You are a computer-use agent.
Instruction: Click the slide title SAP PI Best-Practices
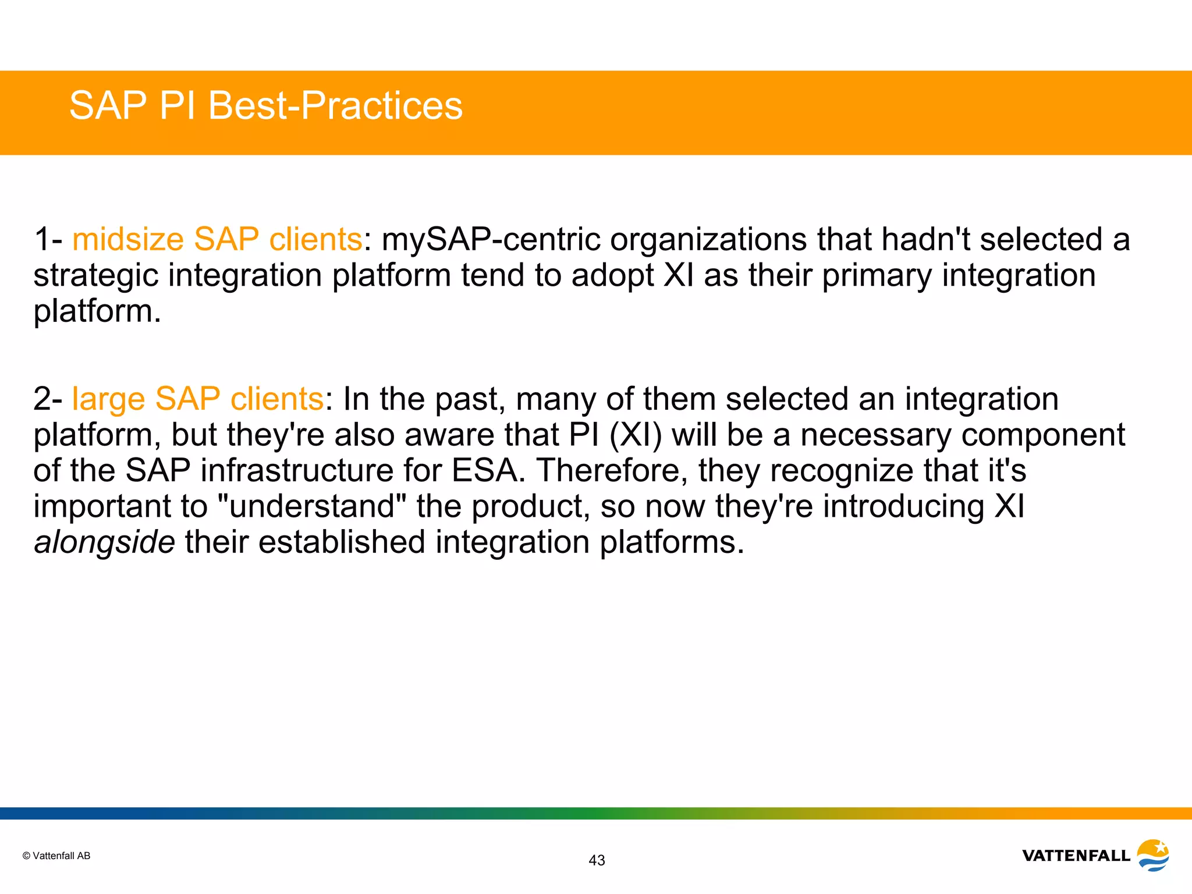pyautogui.click(x=265, y=106)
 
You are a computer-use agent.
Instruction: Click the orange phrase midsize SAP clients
pyautogui.click(x=217, y=239)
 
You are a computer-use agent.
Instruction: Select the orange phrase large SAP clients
pyautogui.click(x=197, y=399)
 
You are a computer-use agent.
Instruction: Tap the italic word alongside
pyautogui.click(x=104, y=542)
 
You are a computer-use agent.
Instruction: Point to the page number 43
pyautogui.click(x=597, y=860)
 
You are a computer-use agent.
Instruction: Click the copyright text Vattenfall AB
pyautogui.click(x=56, y=856)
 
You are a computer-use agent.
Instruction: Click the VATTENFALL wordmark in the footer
pyautogui.click(x=1076, y=856)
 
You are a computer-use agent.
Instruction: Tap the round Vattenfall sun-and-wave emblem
pyautogui.click(x=1153, y=854)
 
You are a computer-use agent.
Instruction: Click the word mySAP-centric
pyautogui.click(x=491, y=239)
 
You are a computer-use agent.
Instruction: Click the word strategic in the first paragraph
pyautogui.click(x=95, y=275)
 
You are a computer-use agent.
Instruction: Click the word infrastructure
pyautogui.click(x=297, y=470)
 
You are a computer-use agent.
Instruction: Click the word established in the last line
pyautogui.click(x=342, y=542)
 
